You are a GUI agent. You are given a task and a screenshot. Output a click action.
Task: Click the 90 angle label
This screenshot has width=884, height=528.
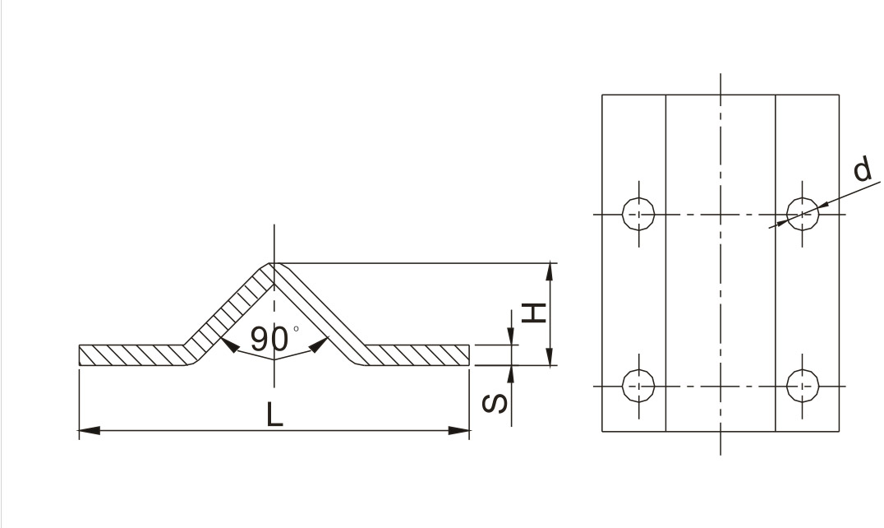269,339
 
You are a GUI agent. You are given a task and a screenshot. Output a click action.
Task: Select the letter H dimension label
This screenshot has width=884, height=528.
534,313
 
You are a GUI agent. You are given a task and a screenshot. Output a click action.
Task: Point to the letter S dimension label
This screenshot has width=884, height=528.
495,403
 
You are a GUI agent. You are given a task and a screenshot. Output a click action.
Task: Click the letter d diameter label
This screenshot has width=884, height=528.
862,169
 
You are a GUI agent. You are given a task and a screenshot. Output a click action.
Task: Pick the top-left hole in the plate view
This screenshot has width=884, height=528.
638,215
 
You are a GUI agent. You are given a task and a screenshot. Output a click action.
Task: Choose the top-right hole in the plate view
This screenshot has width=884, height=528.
803,215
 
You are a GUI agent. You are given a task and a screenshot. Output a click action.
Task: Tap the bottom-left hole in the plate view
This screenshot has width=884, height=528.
638,387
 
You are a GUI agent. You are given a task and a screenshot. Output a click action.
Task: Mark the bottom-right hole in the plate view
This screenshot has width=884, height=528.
803,387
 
